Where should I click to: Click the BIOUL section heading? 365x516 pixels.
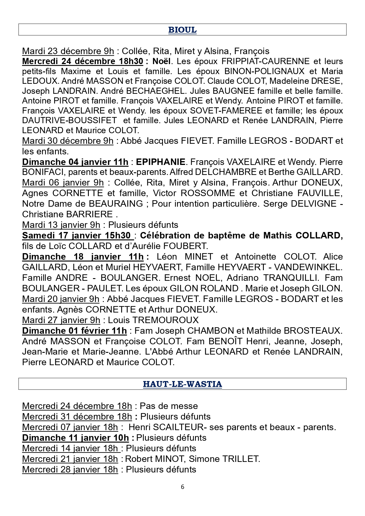[182, 30]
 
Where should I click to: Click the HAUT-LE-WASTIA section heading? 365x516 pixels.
[182, 384]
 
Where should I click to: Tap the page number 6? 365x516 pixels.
[183, 487]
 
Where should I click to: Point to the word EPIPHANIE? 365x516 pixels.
[161, 162]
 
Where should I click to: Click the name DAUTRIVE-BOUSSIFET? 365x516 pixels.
[69, 120]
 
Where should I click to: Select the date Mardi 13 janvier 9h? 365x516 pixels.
[61, 225]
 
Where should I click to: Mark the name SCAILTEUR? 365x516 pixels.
[179, 427]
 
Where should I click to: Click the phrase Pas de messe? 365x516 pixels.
[169, 406]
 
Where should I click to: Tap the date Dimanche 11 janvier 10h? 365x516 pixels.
[75, 438]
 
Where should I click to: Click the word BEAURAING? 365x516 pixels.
[116, 204]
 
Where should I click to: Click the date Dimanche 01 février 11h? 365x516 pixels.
[74, 331]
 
